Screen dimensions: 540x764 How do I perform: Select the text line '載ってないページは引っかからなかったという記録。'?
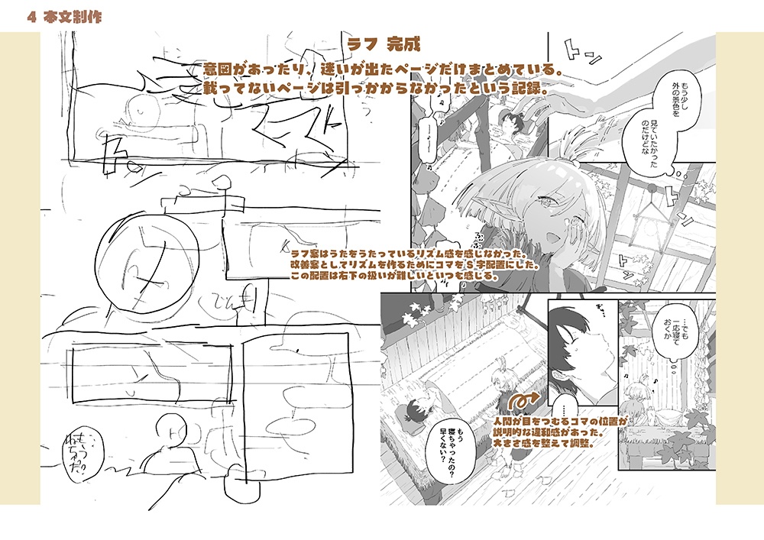[378, 89]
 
